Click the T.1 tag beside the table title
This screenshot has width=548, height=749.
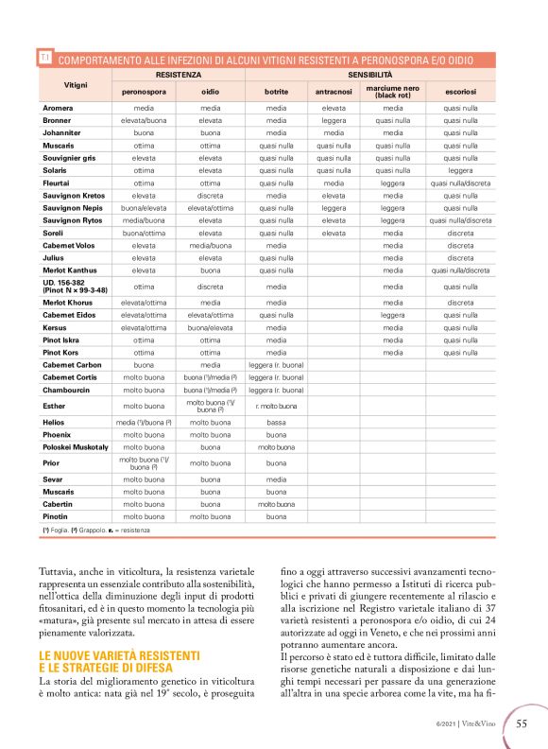[44, 59]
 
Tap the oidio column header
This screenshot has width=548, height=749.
[210, 92]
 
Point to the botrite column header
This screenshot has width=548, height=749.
[276, 92]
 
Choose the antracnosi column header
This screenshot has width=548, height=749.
[334, 92]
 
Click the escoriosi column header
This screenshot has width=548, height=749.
[460, 92]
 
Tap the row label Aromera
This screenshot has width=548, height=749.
[59, 109]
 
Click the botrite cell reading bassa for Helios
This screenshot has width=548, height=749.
[276, 422]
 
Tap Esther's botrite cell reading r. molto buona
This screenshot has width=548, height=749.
[276, 405]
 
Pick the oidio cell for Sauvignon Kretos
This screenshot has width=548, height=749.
[210, 195]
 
